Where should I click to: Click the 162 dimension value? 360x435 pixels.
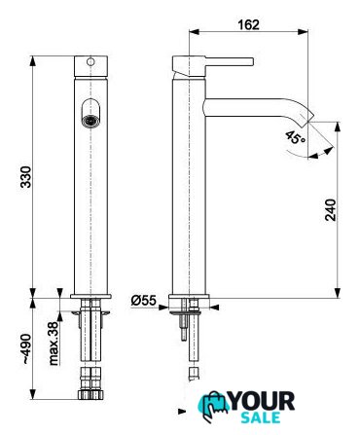coord(249,25)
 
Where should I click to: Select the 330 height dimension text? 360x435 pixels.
coord(26,177)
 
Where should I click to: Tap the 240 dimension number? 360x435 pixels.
coord(331,210)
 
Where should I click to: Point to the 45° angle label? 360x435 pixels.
coord(296,138)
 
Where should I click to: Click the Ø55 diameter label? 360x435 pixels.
coord(144,301)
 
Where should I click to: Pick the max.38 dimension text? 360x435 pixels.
coord(54,344)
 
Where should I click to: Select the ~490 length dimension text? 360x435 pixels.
coord(26,348)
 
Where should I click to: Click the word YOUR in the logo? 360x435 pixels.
coord(262,401)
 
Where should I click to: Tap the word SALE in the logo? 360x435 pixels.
coord(261,417)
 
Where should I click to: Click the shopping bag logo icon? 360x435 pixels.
coord(213,407)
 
